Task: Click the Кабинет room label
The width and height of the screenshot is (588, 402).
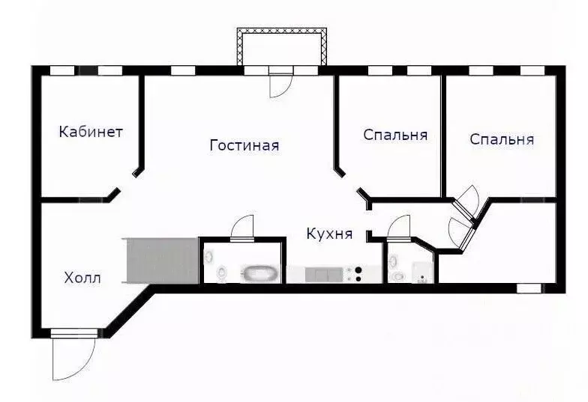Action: (91, 132)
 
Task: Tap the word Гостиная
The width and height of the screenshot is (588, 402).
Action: (244, 145)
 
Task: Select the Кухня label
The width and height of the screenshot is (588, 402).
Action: (329, 234)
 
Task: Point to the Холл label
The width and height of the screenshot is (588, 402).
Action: (82, 278)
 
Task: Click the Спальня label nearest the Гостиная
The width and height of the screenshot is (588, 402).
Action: (395, 135)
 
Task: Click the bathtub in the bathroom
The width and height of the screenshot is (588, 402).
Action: (261, 274)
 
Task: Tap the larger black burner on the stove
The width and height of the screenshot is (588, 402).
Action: (358, 269)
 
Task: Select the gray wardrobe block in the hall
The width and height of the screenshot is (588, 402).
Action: (162, 261)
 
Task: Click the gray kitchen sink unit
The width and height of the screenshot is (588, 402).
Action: (324, 275)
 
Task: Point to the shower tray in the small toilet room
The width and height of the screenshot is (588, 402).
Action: (423, 272)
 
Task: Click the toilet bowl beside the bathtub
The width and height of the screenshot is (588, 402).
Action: (222, 272)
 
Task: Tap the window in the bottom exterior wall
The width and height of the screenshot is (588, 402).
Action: (529, 288)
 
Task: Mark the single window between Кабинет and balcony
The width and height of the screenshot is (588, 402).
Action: (183, 70)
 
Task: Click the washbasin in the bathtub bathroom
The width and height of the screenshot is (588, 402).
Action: (208, 256)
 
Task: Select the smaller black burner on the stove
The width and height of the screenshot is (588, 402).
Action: (358, 278)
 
